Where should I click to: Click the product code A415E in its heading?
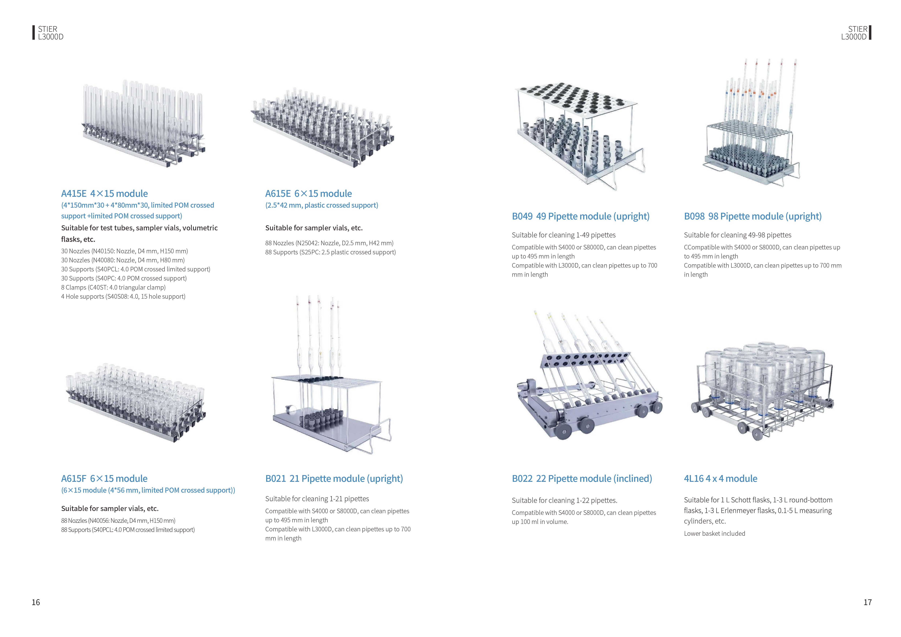click(74, 194)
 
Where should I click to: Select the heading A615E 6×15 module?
click(309, 194)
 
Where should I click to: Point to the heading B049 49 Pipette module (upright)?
click(580, 217)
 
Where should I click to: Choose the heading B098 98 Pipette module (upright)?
click(752, 217)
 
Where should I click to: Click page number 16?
click(36, 603)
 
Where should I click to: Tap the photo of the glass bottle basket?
click(761, 392)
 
